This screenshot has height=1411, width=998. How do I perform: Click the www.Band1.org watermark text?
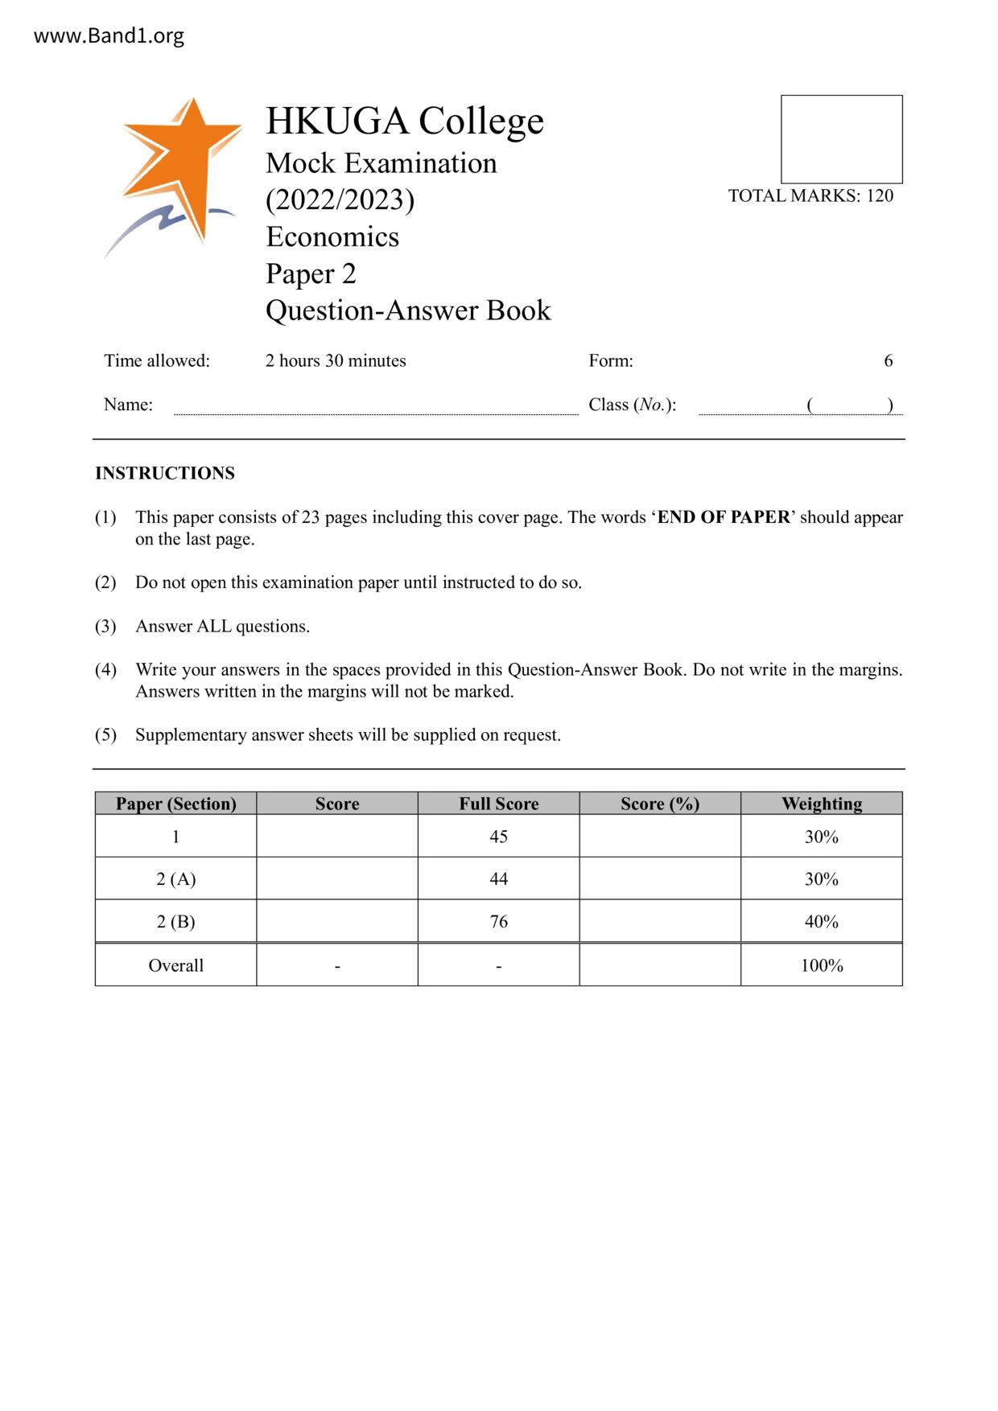109,36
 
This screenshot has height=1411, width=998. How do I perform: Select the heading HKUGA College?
405,121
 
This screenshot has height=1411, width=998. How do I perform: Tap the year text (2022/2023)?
340,200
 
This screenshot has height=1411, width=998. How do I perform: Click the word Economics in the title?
332,237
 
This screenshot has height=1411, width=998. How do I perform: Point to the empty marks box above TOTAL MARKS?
841,139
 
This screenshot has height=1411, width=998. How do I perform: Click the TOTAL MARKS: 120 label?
810,195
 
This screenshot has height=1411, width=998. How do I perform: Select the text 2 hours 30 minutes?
336,360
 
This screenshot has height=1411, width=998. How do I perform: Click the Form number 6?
888,360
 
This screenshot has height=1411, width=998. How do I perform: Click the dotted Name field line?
376,411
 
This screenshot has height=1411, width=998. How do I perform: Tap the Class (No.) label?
632,405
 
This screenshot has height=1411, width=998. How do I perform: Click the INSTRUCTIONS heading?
165,473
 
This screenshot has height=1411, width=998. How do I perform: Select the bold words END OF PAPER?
724,517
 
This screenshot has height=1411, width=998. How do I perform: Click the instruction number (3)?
105,626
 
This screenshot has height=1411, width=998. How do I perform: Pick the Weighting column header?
821,804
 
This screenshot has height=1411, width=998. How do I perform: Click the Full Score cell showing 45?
498,837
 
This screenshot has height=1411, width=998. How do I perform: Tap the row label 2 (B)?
175,922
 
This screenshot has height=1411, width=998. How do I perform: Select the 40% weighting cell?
821,922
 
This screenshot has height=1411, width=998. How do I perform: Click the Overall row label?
175,965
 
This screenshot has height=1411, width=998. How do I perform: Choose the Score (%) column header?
659,804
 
